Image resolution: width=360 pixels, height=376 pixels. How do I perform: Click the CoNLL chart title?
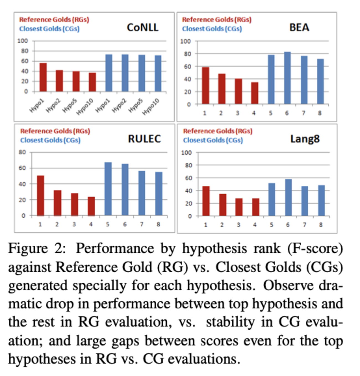pos(143,27)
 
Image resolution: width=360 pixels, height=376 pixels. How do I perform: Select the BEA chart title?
pos(299,27)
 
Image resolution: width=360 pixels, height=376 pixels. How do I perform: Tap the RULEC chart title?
pos(144,139)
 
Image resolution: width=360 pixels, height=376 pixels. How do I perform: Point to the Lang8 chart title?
pos(305,139)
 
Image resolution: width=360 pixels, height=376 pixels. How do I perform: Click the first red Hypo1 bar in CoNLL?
pos(43,77)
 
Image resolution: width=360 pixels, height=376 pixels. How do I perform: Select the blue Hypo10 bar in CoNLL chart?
pos(158,73)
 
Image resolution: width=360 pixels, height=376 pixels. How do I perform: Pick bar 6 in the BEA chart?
pos(287,78)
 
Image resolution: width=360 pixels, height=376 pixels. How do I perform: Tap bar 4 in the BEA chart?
pos(254,93)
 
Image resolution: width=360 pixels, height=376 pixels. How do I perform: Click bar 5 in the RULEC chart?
pos(108,189)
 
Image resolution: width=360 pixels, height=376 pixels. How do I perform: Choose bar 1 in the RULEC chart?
pos(40,195)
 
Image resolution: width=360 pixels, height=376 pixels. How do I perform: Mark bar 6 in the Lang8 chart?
pos(288,197)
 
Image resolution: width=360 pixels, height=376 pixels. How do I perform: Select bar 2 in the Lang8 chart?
pos(223,205)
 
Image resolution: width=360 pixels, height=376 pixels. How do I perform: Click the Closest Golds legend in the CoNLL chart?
pos(49,29)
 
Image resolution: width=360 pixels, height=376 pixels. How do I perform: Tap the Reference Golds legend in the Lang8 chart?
pos(218,131)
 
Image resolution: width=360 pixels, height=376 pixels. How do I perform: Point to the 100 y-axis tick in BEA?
pos(185,41)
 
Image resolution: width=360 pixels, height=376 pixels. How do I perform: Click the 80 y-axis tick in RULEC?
pos(22,152)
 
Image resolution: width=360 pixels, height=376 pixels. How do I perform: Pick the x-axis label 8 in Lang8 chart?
pos(321,225)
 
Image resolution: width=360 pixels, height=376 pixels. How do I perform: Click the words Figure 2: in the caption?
pos(37,248)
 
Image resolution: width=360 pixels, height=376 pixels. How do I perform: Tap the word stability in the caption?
pos(230,322)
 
